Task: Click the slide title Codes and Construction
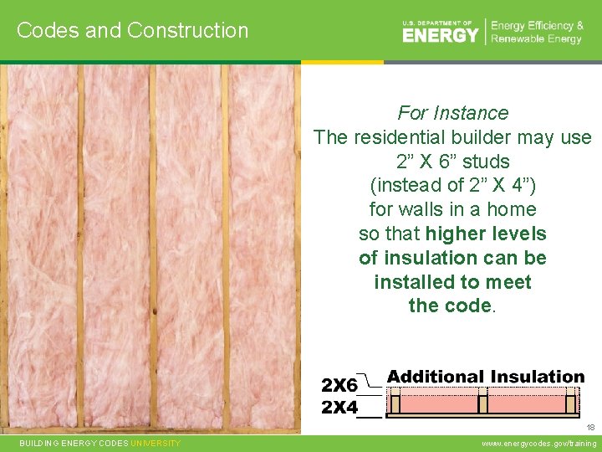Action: click(x=132, y=30)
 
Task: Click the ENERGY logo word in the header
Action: click(x=441, y=34)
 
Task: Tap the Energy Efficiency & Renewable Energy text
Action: click(x=537, y=32)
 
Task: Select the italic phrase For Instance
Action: click(x=452, y=113)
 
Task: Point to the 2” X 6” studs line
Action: click(x=452, y=161)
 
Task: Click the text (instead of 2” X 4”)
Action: click(x=452, y=185)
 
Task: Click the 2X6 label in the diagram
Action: click(x=339, y=386)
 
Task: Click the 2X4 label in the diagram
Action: click(x=339, y=408)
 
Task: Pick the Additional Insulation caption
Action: click(x=485, y=377)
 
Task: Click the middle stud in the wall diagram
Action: click(x=482, y=403)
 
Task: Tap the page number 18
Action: click(x=589, y=428)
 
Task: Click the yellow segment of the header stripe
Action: click(x=342, y=62)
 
